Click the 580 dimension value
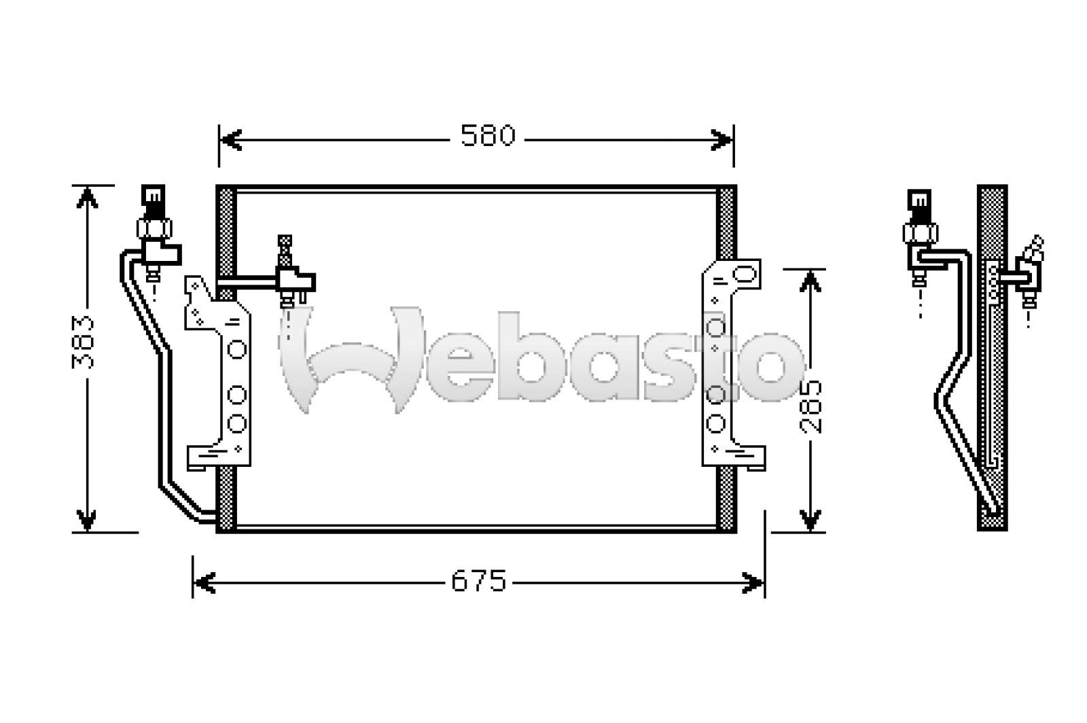pos(488,137)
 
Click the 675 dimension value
pos(479,582)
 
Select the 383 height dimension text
pos(84,342)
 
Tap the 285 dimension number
pos(810,406)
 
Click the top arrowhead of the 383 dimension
pos(86,196)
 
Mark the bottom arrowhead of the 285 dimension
pos(808,520)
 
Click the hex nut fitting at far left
pos(155,227)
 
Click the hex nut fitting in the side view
pos(920,233)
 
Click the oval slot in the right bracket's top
pos(745,274)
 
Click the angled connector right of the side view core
pos(1029,268)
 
